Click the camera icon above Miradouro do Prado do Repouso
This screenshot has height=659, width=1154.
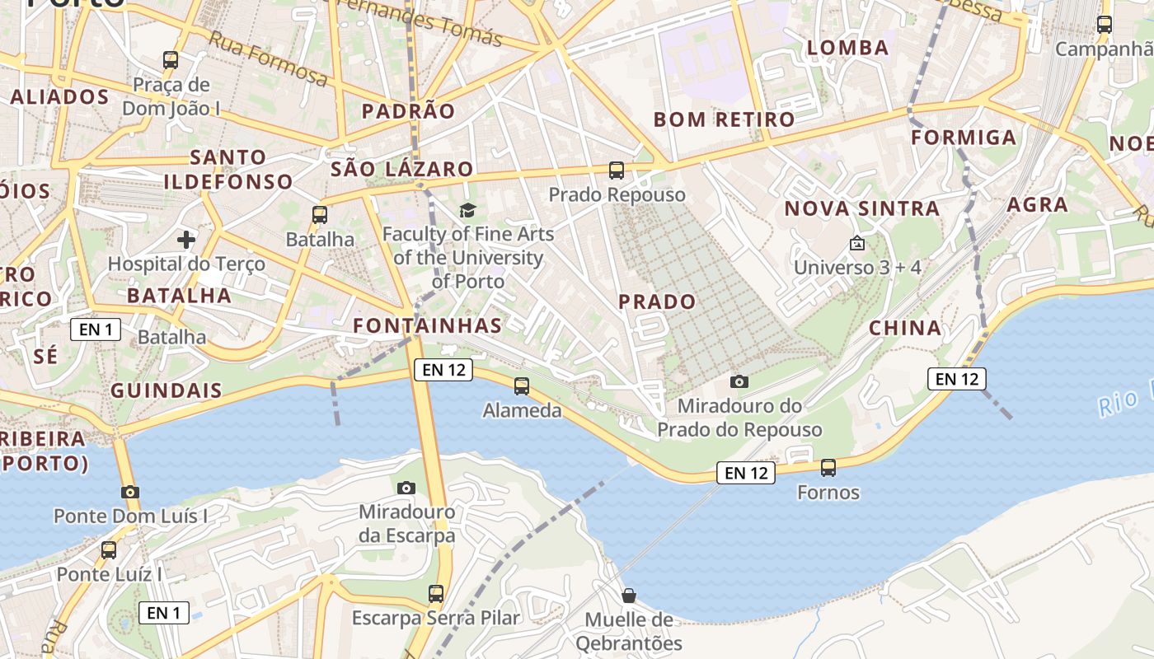pyautogui.click(x=739, y=381)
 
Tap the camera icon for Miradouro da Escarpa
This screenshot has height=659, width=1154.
pyautogui.click(x=406, y=488)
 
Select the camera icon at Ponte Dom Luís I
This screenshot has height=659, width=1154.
pyautogui.click(x=129, y=492)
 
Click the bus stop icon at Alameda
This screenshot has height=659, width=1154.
pyautogui.click(x=521, y=386)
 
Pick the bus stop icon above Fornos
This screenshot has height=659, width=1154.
pyautogui.click(x=828, y=468)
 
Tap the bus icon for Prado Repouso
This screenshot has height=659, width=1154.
pyautogui.click(x=617, y=171)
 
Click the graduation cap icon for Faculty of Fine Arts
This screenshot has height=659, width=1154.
pyautogui.click(x=467, y=210)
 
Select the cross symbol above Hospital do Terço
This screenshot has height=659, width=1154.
pyautogui.click(x=186, y=240)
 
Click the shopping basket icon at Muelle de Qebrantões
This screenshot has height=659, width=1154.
pyautogui.click(x=629, y=595)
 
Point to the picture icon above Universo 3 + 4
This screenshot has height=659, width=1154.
pyautogui.click(x=856, y=243)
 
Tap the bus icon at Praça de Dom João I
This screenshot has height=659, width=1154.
pyautogui.click(x=171, y=59)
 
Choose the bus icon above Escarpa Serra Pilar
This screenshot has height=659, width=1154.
pyautogui.click(x=436, y=593)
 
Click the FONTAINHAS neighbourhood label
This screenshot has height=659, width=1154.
pyautogui.click(x=428, y=325)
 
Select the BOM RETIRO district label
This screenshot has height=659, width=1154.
pyautogui.click(x=724, y=119)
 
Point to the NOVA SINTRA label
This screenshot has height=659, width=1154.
pyautogui.click(x=861, y=208)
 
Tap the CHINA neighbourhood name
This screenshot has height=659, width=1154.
pyautogui.click(x=905, y=328)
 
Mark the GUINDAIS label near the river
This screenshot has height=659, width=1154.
pyautogui.click(x=167, y=390)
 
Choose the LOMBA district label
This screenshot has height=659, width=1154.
pyautogui.click(x=848, y=48)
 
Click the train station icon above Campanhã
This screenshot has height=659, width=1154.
pyautogui.click(x=1105, y=25)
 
